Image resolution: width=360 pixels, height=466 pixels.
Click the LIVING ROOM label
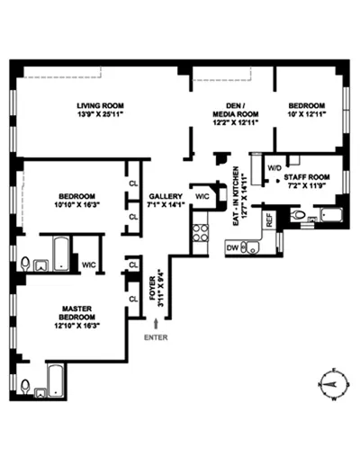(98, 107)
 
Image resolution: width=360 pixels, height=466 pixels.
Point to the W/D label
(274, 167)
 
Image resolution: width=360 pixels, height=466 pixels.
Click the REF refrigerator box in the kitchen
(268, 219)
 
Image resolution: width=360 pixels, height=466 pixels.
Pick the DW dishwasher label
(233, 246)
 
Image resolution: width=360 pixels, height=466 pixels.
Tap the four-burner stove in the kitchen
(200, 237)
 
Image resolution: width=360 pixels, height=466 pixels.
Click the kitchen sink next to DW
(255, 246)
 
